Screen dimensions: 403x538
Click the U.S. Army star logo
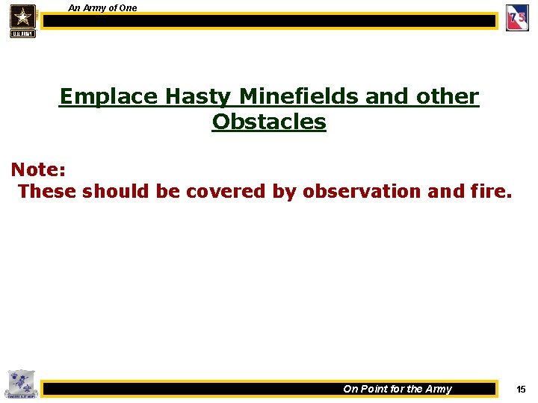pyautogui.click(x=22, y=19)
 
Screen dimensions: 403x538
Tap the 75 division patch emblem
pyautogui.click(x=517, y=18)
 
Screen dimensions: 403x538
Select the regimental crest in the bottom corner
pyautogui.click(x=19, y=384)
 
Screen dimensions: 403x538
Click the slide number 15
pyautogui.click(x=521, y=389)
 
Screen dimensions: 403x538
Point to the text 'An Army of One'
pyautogui.click(x=102, y=8)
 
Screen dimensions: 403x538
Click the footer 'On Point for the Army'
pyautogui.click(x=397, y=389)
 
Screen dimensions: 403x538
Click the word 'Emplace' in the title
pyautogui.click(x=108, y=97)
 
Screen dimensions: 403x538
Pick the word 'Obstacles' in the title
pyautogui.click(x=269, y=122)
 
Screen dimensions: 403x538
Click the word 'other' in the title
pyautogui.click(x=446, y=97)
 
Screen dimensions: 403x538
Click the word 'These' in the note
pyautogui.click(x=47, y=192)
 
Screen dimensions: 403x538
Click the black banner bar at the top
pyautogui.click(x=269, y=22)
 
